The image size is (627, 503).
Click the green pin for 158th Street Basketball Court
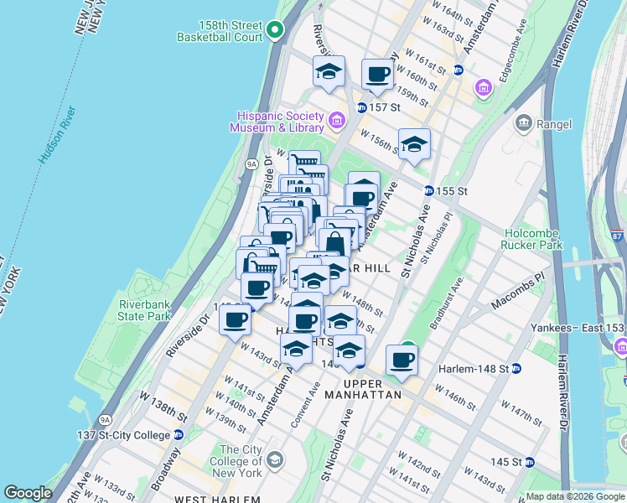click(276, 32)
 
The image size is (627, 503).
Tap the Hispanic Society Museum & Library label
click(279, 122)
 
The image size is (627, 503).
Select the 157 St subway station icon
click(361, 108)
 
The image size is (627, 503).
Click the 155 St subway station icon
click(428, 191)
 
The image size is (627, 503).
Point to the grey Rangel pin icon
click(525, 124)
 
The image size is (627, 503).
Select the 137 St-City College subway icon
click(179, 435)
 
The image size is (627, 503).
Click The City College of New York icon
click(277, 460)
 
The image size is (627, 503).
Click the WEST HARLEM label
click(215, 499)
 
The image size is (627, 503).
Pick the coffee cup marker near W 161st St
click(378, 75)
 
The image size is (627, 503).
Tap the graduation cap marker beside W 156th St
click(413, 144)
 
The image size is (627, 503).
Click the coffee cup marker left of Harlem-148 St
click(402, 360)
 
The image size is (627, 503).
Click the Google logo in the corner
click(28, 493)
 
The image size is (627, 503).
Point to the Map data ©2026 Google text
click(575, 496)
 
